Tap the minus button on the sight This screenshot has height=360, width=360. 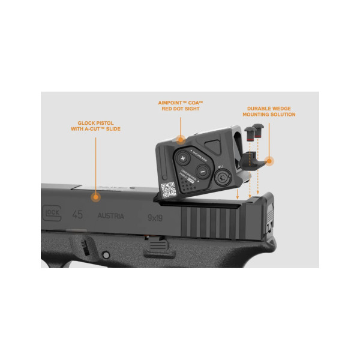[x=202, y=171]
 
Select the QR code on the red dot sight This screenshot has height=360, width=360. [x=170, y=188]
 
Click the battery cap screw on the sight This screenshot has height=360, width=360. [x=223, y=178]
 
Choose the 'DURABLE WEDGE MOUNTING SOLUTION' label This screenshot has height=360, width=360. [x=269, y=111]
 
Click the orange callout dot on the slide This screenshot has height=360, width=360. [x=94, y=196]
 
